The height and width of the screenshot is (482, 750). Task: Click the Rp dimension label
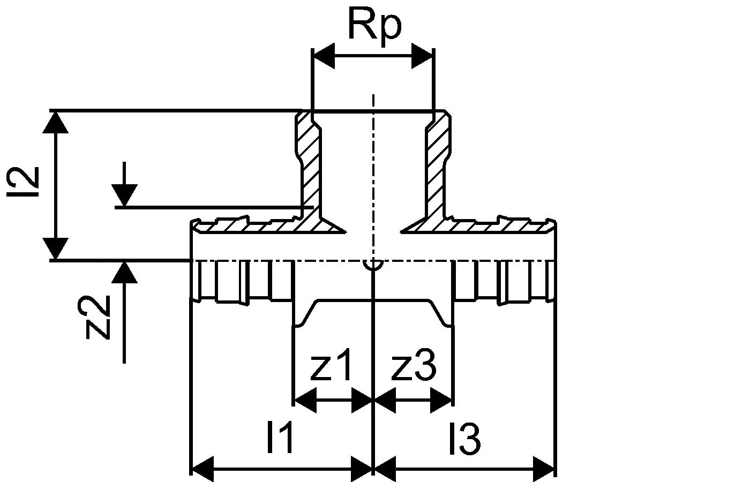pyautogui.click(x=374, y=25)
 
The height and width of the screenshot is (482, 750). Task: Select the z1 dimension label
pyautogui.click(x=332, y=366)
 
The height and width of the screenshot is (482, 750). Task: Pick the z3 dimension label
pyautogui.click(x=414, y=366)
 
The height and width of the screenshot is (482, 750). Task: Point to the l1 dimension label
pyautogui.click(x=280, y=438)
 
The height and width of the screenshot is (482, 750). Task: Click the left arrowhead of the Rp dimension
pyautogui.click(x=324, y=56)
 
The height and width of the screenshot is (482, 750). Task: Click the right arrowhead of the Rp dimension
pyautogui.click(x=422, y=56)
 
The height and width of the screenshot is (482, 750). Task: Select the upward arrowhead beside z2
pyautogui.click(x=124, y=272)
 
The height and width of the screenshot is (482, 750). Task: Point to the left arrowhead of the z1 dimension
pyautogui.click(x=305, y=400)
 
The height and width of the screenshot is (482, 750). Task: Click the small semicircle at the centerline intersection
pyautogui.click(x=372, y=265)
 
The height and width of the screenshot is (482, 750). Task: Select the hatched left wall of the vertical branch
pyautogui.click(x=310, y=166)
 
